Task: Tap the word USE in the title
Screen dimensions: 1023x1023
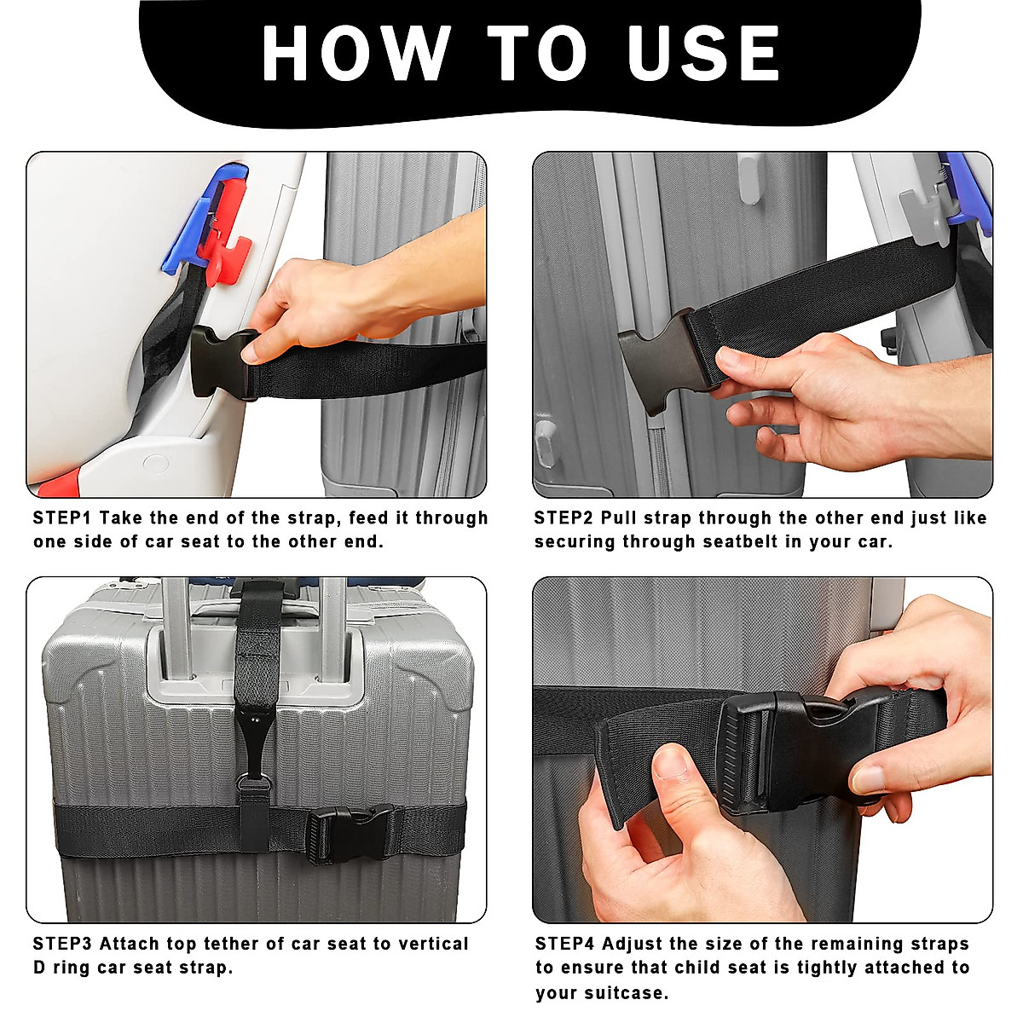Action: (702, 52)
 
